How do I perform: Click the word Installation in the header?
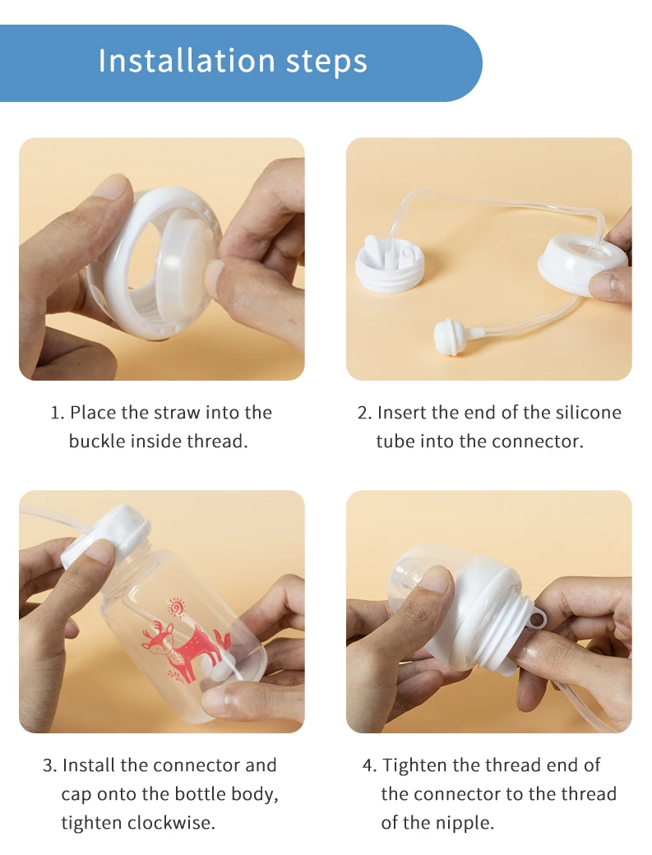[187, 61]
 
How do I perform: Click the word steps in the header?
[326, 62]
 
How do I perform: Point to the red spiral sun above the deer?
[177, 607]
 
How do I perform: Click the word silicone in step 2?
[589, 412]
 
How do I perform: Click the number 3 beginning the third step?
[49, 765]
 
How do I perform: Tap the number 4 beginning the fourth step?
[369, 765]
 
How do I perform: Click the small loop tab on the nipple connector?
[539, 621]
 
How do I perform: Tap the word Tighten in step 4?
[415, 765]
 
